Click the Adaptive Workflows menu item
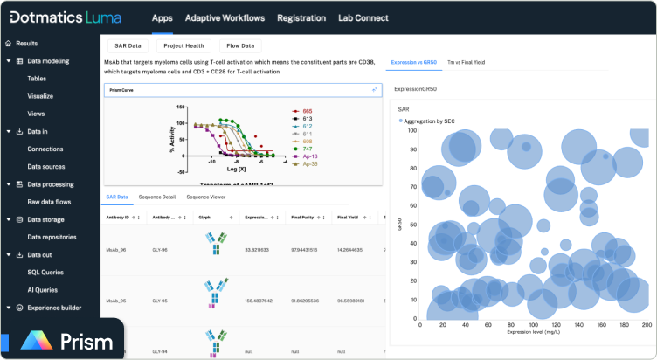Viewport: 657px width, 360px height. [225, 17]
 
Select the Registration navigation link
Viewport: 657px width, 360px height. [301, 17]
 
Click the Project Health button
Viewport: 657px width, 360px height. [183, 45]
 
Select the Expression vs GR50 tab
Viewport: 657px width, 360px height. [413, 63]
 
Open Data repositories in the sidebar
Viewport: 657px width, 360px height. [52, 237]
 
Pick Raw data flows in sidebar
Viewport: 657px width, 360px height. [48, 201]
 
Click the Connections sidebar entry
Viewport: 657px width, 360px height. [45, 149]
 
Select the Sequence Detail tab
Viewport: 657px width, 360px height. [157, 197]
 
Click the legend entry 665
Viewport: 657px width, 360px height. [308, 112]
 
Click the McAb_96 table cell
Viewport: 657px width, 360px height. [118, 249]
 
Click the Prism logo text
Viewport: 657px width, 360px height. [85, 341]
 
